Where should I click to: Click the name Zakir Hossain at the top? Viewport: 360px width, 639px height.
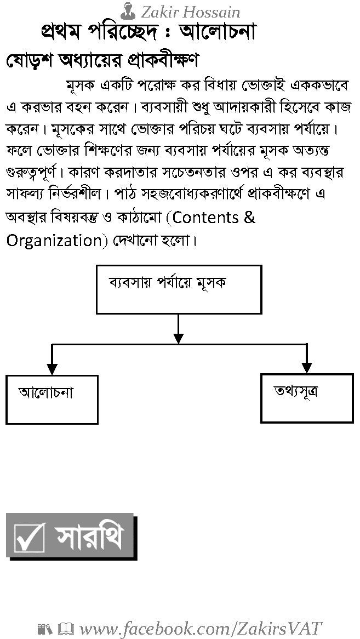click(x=191, y=12)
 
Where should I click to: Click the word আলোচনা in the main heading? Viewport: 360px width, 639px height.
click(x=218, y=32)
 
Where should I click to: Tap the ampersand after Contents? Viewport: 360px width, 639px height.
click(x=250, y=218)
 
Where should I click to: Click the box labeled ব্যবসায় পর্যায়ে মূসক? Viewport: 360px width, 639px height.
click(x=179, y=289)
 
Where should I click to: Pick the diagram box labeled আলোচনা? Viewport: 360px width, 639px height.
click(x=52, y=400)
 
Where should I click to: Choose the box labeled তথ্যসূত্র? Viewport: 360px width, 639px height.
click(x=307, y=398)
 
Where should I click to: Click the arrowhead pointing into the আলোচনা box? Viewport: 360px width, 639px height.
click(x=52, y=369)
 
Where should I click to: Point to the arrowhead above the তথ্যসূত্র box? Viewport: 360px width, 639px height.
click(x=307, y=368)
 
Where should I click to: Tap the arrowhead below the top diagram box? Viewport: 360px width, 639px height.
click(x=179, y=339)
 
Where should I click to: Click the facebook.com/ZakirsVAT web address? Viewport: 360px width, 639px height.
click(x=201, y=629)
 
